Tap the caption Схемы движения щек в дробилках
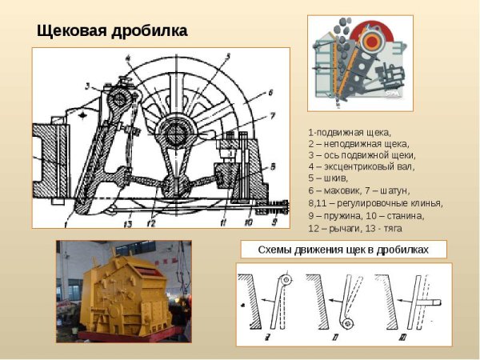tap(343, 250)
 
